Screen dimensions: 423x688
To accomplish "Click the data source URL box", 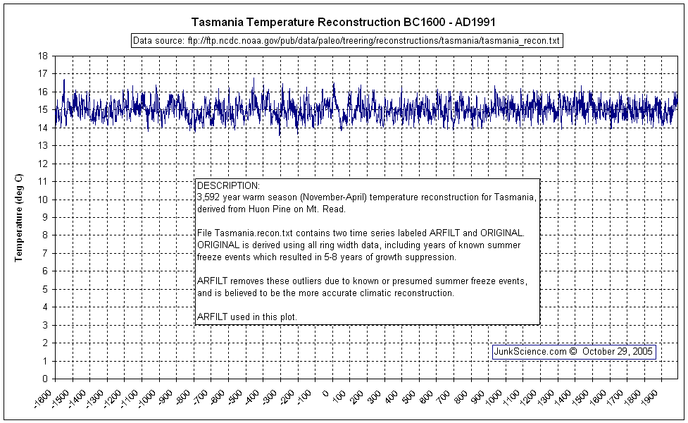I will (347, 41).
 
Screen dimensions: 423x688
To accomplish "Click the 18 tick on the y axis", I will (43, 56).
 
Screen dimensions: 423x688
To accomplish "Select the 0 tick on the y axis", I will (45, 379).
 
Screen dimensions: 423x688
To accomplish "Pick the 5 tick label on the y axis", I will (45, 289).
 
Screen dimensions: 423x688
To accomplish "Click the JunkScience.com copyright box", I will (574, 351).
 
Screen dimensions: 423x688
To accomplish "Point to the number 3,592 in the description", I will (210, 197).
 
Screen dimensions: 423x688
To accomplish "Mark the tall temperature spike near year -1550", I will (64, 80).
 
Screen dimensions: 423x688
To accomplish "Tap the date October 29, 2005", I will (618, 351).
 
